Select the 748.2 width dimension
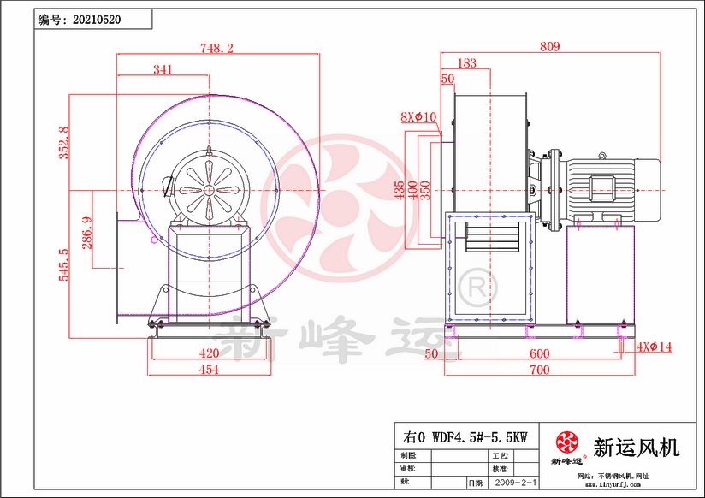pos(217,49)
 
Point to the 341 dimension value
pos(163,70)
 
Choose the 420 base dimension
pos(208,353)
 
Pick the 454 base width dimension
pos(208,370)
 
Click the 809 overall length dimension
pos(550,47)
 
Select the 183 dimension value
pos(467,63)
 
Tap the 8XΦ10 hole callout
pos(418,116)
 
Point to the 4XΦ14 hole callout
pos(655,347)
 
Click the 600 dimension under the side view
pos(539,353)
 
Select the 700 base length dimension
pos(539,370)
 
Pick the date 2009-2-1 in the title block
pos(517,483)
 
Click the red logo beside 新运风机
pos(567,443)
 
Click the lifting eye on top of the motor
pos(601,156)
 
